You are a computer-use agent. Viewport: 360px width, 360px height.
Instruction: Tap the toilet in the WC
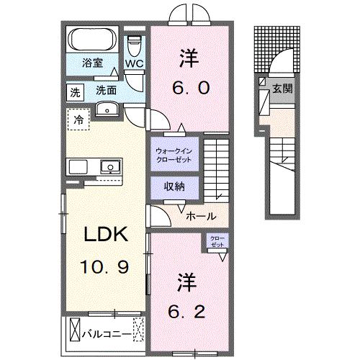click(x=134, y=45)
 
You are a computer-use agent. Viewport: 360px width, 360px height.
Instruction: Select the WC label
click(x=135, y=63)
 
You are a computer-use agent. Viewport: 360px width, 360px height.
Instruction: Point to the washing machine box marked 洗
click(x=75, y=91)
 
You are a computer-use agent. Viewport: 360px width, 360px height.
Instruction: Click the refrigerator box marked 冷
click(x=77, y=119)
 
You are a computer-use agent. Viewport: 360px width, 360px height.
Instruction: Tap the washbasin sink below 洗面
click(x=108, y=109)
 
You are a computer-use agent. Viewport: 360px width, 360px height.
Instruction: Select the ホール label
click(x=198, y=215)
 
